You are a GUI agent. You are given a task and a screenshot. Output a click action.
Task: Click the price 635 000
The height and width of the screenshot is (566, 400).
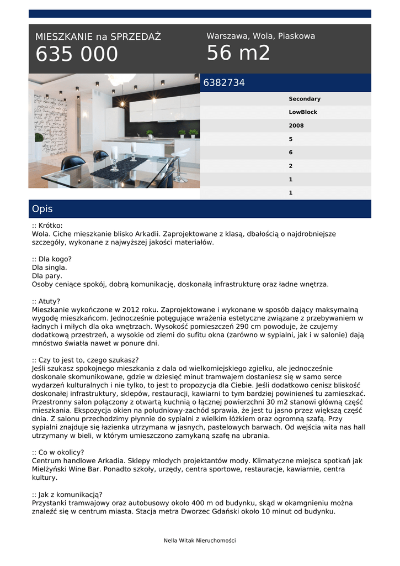tap(77, 54)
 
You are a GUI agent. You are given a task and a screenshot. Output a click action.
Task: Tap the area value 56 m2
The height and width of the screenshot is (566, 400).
tap(238, 53)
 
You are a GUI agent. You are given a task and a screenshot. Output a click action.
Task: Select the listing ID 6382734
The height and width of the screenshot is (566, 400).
tap(224, 83)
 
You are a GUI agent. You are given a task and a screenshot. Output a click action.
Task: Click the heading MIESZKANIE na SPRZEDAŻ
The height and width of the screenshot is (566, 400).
tap(98, 37)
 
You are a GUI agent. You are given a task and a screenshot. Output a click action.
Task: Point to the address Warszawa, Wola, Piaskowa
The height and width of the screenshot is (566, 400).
tap(260, 36)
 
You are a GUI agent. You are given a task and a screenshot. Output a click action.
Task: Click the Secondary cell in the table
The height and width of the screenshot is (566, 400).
tap(305, 99)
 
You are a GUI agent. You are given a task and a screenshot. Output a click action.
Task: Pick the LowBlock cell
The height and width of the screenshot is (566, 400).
tap(303, 112)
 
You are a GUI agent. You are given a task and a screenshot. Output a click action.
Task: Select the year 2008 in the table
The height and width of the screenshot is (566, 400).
tap(296, 125)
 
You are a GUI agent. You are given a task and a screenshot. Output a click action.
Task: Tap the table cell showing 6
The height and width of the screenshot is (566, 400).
tap(291, 153)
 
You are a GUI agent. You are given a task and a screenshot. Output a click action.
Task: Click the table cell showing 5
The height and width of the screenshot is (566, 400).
tap(291, 139)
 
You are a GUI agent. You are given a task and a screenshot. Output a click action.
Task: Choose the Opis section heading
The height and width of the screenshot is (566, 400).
tap(42, 209)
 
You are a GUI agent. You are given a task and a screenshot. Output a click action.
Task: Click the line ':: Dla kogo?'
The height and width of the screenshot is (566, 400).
tap(52, 259)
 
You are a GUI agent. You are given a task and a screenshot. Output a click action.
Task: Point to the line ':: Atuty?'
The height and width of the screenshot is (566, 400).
tap(46, 301)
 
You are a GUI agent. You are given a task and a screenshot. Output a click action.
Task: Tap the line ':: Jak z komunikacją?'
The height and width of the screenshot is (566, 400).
tap(67, 495)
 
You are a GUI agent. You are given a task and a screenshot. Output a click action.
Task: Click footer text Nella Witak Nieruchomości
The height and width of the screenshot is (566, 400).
tap(200, 541)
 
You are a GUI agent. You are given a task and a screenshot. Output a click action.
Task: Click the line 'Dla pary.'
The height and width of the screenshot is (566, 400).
tap(47, 276)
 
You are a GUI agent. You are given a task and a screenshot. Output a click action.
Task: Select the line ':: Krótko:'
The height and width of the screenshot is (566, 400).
tap(47, 226)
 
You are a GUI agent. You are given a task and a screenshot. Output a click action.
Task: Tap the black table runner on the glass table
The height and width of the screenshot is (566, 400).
tap(119, 168)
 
